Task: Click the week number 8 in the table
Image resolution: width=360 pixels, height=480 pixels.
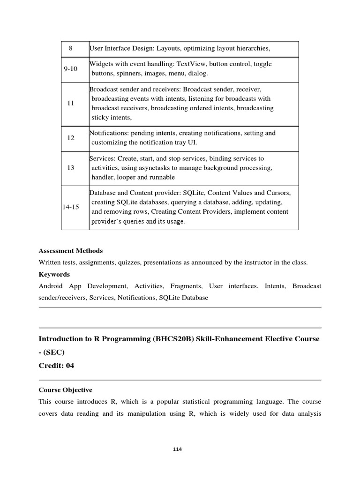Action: click(70, 48)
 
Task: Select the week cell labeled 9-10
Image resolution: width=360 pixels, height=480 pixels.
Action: click(70, 69)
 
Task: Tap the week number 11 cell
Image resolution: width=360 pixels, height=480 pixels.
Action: click(71, 103)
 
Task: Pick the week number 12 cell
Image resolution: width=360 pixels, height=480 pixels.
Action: click(71, 138)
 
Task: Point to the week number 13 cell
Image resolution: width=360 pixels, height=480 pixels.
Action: click(71, 168)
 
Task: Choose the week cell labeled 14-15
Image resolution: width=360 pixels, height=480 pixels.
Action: click(71, 207)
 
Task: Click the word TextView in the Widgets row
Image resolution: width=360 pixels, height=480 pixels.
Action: click(193, 64)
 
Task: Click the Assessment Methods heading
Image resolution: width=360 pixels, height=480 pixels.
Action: click(71, 251)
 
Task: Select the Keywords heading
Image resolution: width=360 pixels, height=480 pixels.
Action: click(54, 274)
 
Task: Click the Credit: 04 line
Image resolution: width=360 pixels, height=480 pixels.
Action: click(56, 366)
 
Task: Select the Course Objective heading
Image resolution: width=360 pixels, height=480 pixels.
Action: click(65, 390)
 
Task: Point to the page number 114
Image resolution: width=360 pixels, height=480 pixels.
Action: click(177, 450)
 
